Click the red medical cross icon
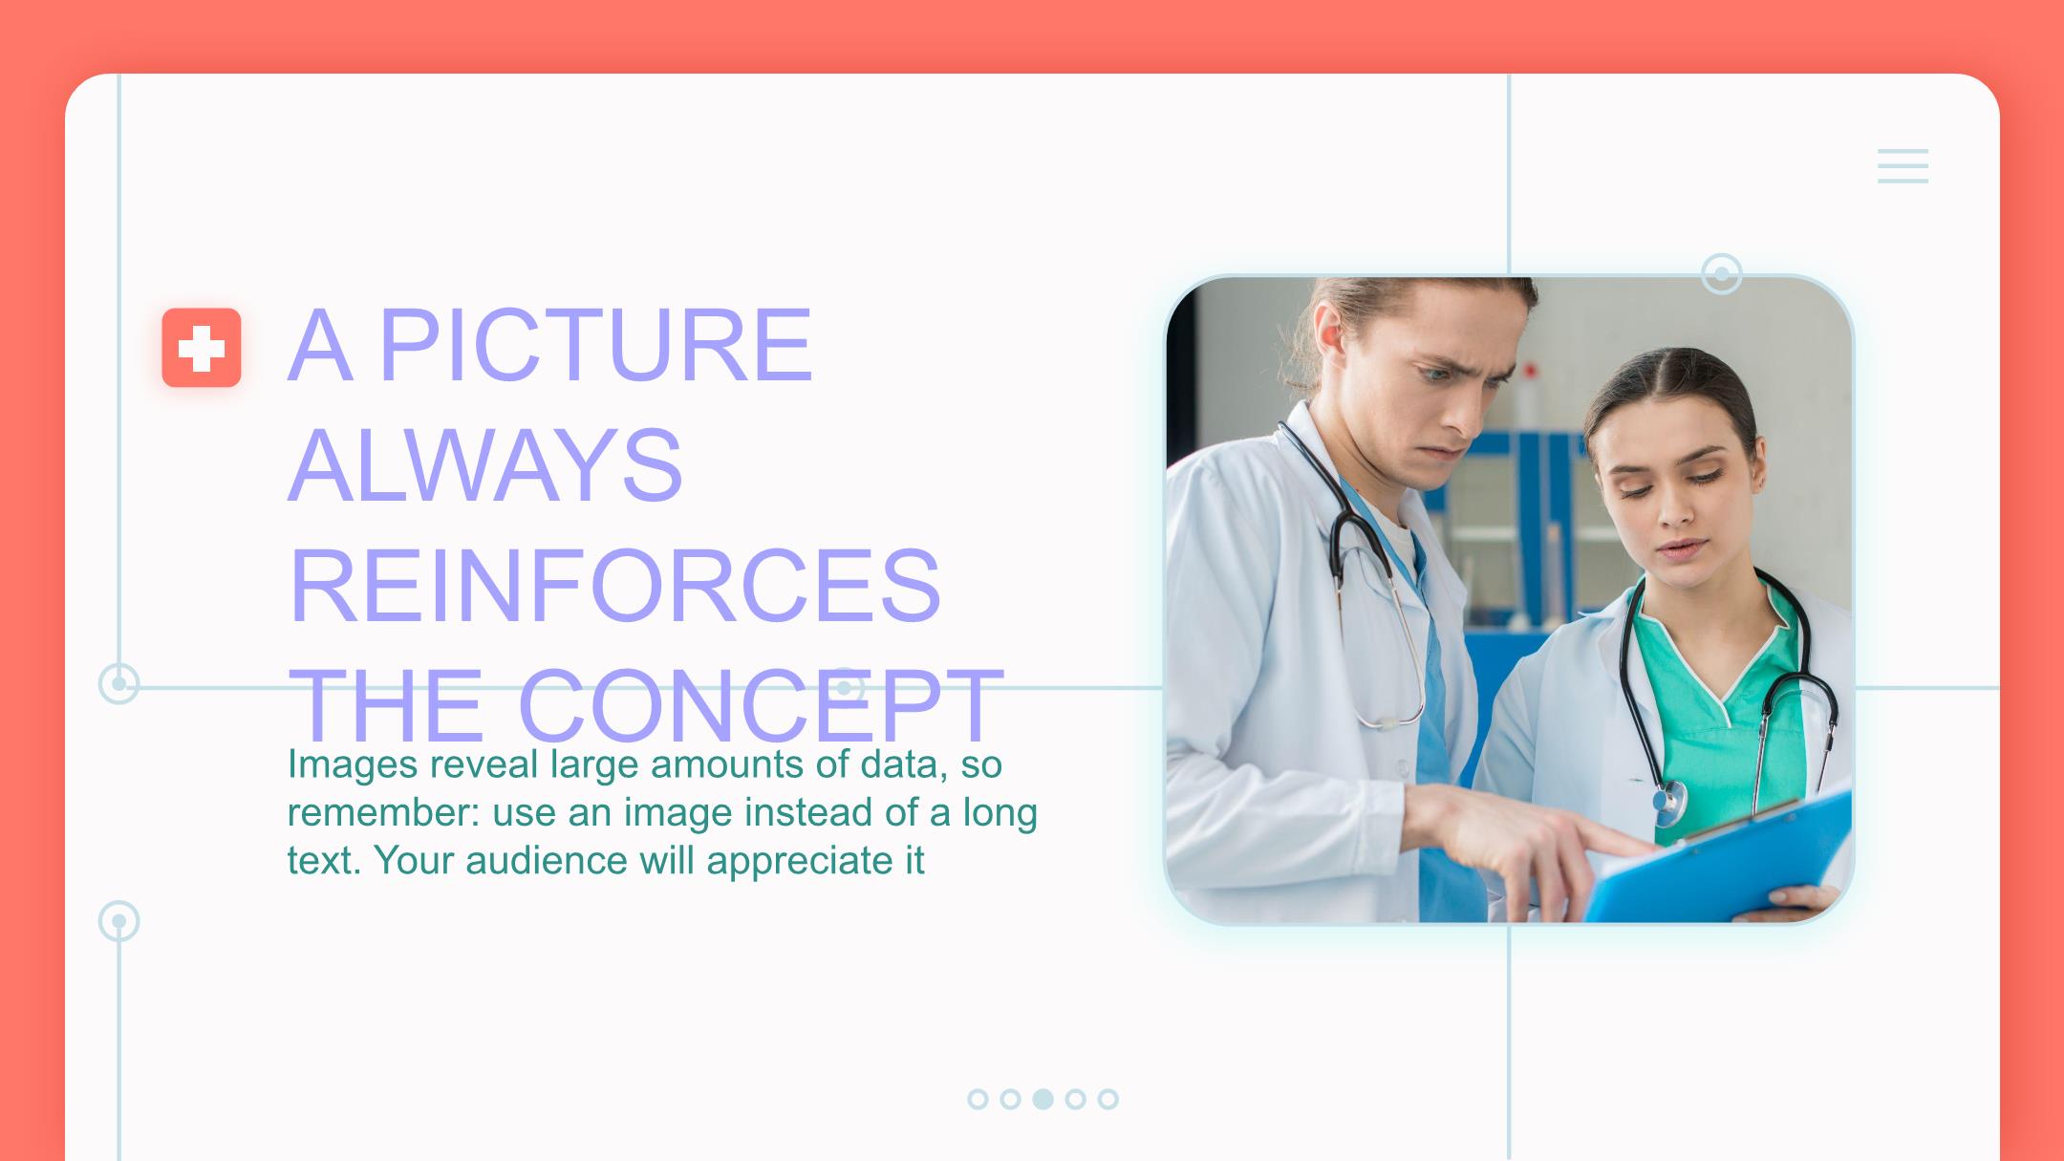click(x=201, y=348)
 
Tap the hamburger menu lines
click(x=1902, y=166)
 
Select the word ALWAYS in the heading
click(x=485, y=465)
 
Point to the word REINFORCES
click(x=614, y=585)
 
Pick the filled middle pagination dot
click(x=1043, y=1099)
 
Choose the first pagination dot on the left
click(x=978, y=1099)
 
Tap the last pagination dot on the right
click(x=1107, y=1099)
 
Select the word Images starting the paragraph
click(x=353, y=764)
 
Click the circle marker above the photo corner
click(x=1722, y=274)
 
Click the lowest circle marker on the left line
click(x=119, y=921)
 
